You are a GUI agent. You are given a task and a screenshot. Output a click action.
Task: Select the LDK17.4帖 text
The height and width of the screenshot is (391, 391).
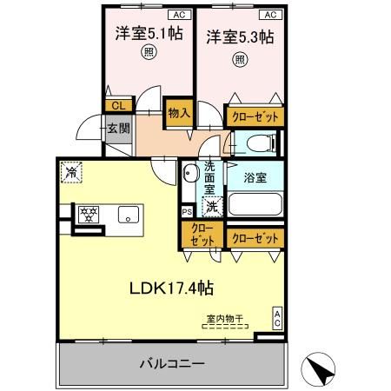point(173,287)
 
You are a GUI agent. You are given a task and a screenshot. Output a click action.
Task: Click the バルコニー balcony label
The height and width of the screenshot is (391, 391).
point(173,362)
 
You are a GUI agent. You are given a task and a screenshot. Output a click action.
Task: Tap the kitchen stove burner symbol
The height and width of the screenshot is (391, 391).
point(87,213)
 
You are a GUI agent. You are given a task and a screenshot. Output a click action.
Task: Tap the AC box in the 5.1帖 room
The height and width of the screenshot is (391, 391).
point(178,15)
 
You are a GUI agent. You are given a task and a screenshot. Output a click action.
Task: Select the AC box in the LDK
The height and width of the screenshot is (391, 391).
point(277,317)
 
